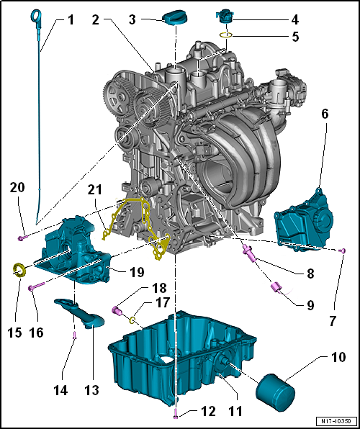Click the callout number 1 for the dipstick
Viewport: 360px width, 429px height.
(x=71, y=20)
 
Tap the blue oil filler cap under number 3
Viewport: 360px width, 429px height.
(x=174, y=17)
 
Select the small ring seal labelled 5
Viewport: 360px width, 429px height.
(x=225, y=35)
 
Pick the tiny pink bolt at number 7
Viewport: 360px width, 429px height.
(x=343, y=250)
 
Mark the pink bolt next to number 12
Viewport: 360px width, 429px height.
(x=176, y=413)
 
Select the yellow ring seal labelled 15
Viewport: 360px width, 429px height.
(x=19, y=271)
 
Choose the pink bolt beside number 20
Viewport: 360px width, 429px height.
(x=23, y=236)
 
